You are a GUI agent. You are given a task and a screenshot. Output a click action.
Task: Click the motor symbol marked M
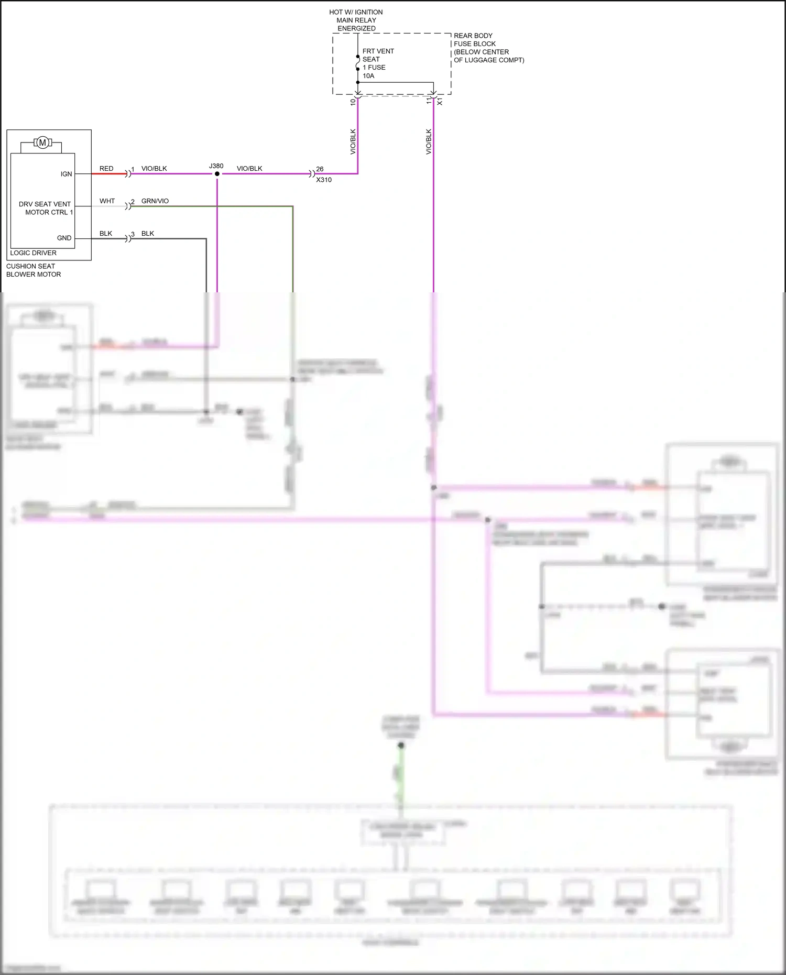tap(42, 143)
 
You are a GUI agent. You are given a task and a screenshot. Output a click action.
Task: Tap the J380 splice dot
tap(217, 174)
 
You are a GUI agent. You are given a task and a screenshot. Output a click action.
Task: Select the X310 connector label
tap(324, 180)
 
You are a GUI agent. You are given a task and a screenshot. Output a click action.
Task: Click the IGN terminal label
tap(66, 174)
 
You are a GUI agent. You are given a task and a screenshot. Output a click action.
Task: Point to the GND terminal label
tap(64, 238)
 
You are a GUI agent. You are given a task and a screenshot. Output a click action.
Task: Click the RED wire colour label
tap(106, 169)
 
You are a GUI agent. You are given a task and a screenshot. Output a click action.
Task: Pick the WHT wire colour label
tap(107, 201)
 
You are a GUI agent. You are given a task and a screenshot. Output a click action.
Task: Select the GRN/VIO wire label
tap(155, 201)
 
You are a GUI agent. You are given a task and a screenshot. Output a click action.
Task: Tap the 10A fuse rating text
tap(368, 76)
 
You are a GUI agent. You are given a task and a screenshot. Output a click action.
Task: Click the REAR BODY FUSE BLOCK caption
tap(488, 48)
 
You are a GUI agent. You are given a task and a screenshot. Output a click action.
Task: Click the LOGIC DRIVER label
tap(33, 253)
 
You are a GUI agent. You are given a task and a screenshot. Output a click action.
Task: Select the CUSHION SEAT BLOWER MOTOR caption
tap(34, 270)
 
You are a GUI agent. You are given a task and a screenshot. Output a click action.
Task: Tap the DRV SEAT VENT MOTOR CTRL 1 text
tap(46, 208)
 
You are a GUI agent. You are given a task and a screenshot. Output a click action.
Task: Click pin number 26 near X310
tap(320, 169)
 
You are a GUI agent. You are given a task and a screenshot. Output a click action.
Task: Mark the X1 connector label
tap(440, 102)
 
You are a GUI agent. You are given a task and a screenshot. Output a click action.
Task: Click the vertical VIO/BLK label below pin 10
tap(353, 141)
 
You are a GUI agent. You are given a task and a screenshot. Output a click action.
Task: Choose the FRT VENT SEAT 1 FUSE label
tap(378, 59)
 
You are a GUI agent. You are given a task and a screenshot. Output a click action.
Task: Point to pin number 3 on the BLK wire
tap(133, 234)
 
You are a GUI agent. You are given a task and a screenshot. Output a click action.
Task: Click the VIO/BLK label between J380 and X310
tap(249, 169)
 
